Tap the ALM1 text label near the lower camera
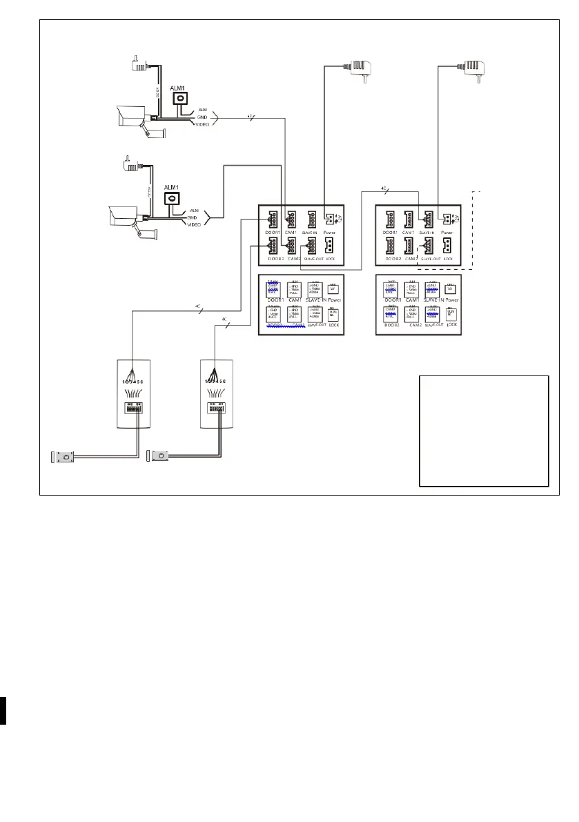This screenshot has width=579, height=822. click(170, 187)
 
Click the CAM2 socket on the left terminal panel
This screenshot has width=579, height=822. click(292, 246)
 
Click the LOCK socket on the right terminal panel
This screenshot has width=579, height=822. click(449, 246)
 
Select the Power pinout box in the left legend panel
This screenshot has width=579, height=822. click(333, 288)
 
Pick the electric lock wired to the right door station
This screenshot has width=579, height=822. click(160, 456)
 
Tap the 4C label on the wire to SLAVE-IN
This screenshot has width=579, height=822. click(384, 188)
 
